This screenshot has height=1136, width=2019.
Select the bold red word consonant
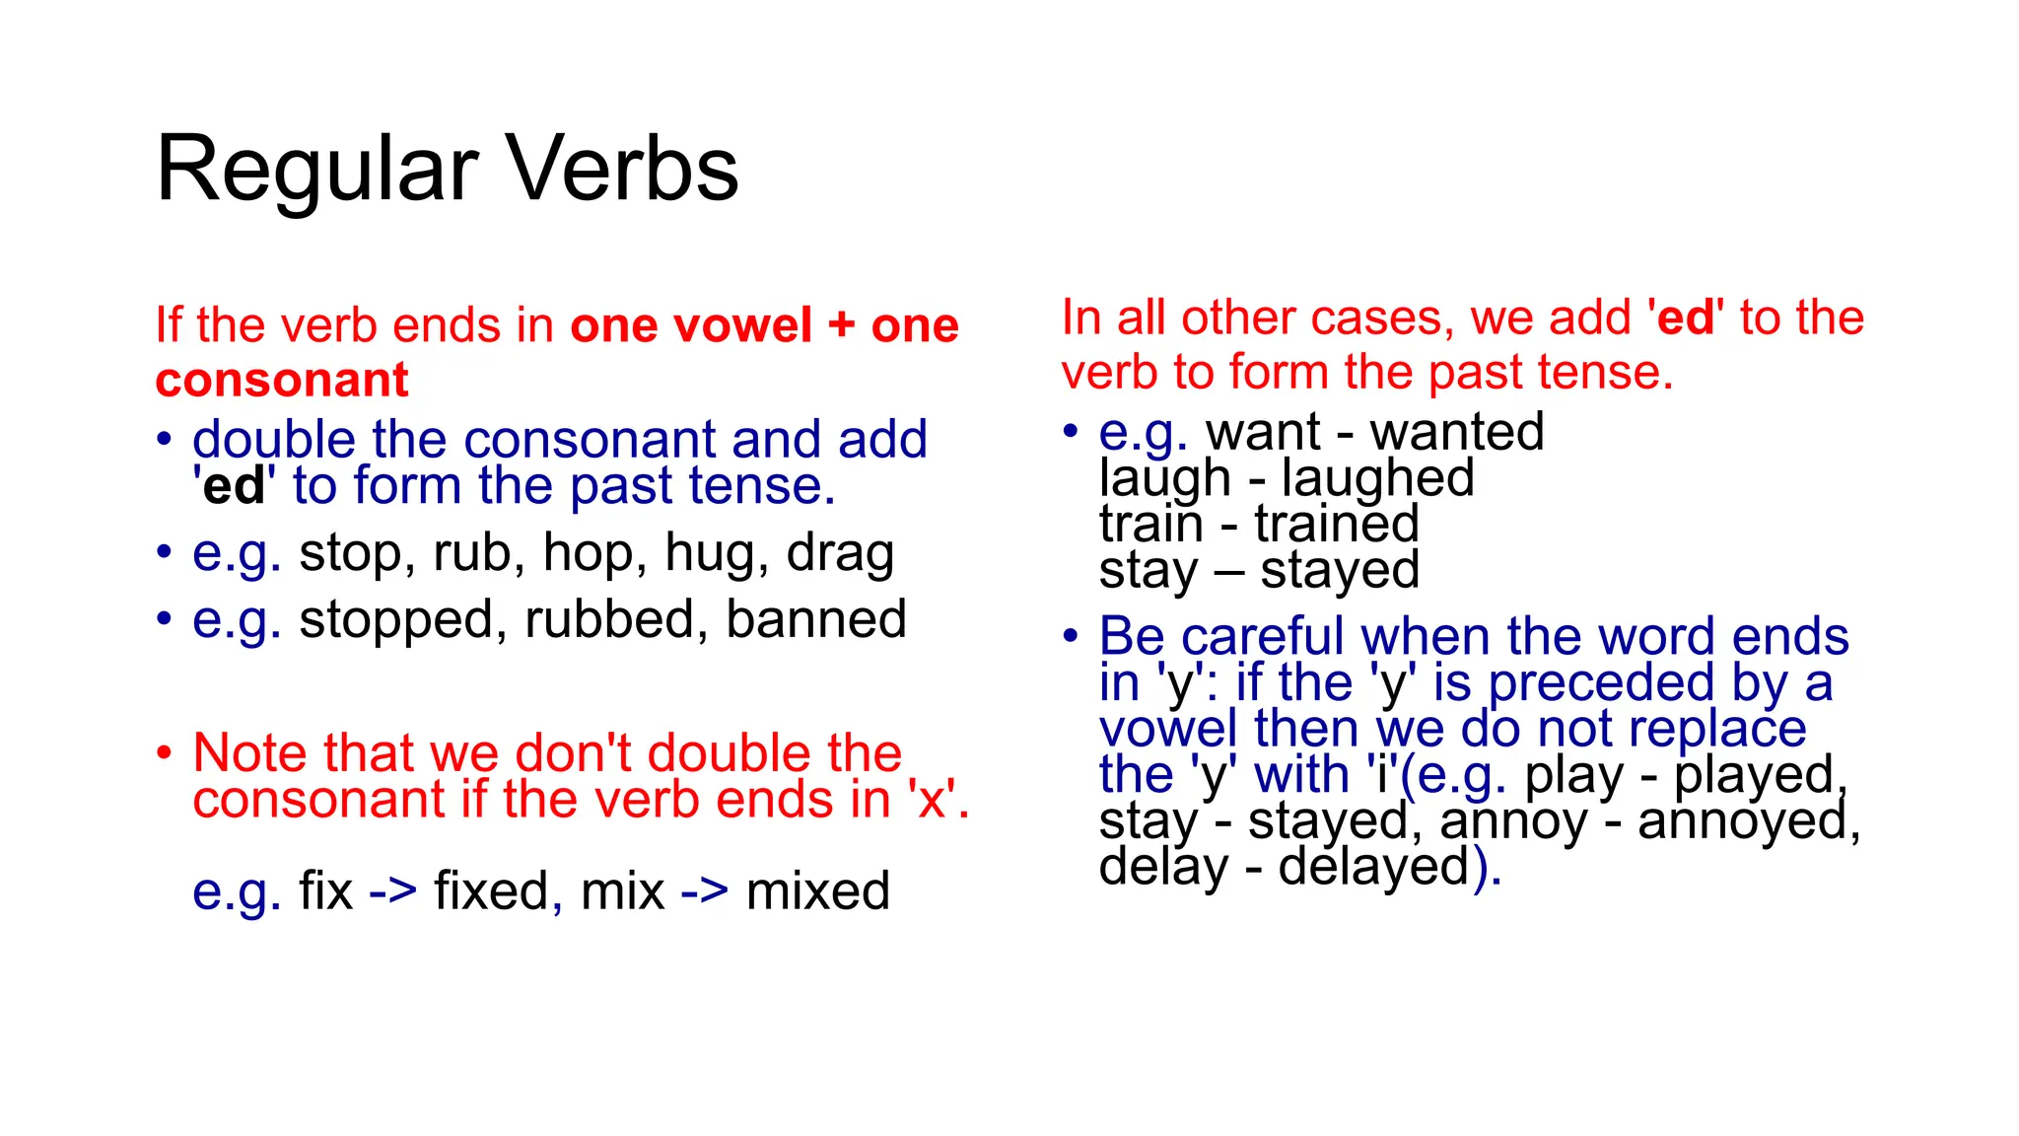click(282, 381)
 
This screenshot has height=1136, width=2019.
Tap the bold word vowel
click(742, 325)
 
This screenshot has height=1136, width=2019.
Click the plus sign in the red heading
click(841, 325)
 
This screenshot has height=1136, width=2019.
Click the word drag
click(840, 553)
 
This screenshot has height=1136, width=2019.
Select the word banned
click(815, 619)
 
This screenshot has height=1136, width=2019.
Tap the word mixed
click(817, 890)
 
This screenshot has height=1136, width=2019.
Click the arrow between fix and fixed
click(392, 890)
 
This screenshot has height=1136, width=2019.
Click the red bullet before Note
click(164, 753)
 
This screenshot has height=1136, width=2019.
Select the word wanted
click(1456, 432)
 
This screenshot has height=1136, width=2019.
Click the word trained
click(1337, 524)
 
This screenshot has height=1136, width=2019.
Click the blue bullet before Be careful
click(1071, 636)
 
